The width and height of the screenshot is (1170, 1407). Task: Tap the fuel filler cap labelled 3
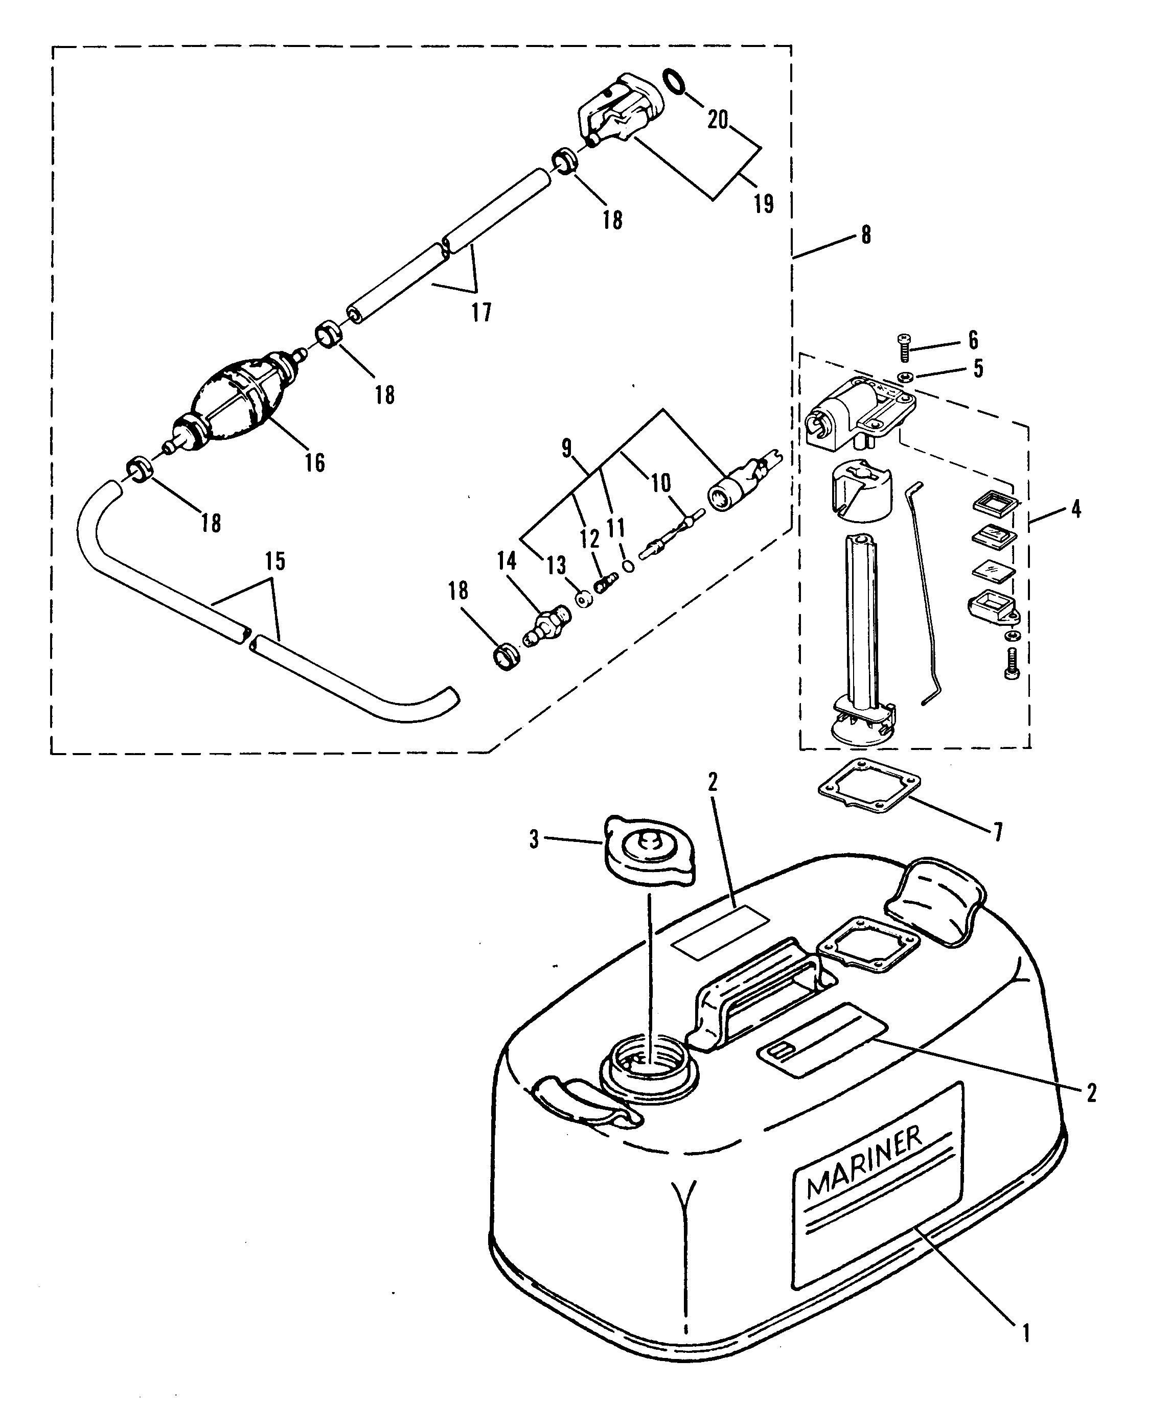pyautogui.click(x=650, y=852)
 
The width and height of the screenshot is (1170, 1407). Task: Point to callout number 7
pyautogui.click(x=998, y=833)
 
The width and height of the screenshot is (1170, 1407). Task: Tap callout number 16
pyautogui.click(x=314, y=462)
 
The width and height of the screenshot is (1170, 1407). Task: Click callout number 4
pyautogui.click(x=1075, y=510)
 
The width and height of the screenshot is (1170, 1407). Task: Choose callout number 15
pyautogui.click(x=275, y=561)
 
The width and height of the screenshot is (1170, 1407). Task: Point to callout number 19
pyautogui.click(x=764, y=202)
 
